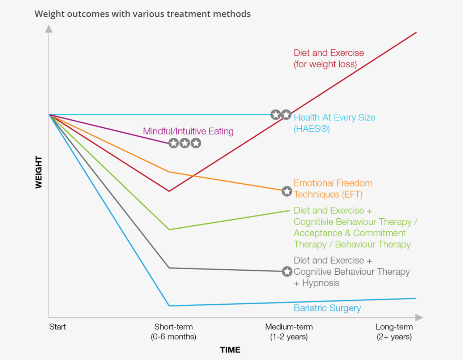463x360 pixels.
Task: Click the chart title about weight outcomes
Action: (143, 14)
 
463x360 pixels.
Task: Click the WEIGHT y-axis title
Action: (39, 172)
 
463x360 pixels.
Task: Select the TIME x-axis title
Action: (230, 350)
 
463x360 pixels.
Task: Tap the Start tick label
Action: (58, 327)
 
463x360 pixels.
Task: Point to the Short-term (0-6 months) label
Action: (173, 332)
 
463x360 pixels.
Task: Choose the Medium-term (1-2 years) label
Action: (289, 332)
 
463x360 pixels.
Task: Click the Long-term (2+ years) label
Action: (394, 332)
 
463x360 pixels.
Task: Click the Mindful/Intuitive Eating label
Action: (188, 131)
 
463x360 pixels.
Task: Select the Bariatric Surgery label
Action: (327, 308)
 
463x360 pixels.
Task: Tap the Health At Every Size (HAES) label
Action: (334, 123)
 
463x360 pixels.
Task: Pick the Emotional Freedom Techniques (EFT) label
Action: (333, 189)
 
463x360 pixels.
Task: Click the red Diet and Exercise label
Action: (328, 58)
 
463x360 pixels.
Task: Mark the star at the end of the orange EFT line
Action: (287, 191)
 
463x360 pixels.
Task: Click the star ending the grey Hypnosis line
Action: (287, 271)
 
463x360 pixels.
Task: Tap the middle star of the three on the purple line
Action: (185, 143)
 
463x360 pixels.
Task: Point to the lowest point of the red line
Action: (169, 191)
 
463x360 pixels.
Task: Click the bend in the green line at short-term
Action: (169, 229)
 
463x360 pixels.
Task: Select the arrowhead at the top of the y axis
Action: (49, 29)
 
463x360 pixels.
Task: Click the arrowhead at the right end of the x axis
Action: (419, 318)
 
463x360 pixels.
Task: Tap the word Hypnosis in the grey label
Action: (320, 283)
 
